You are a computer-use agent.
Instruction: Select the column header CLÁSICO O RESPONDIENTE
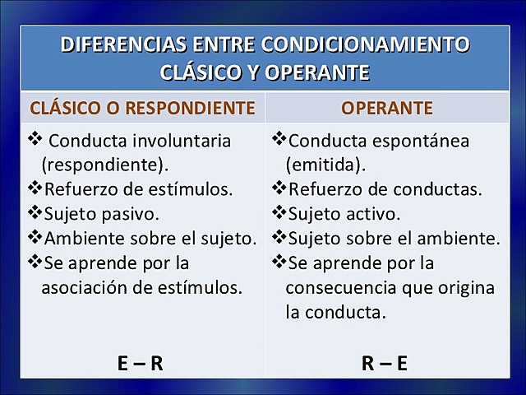(x=142, y=108)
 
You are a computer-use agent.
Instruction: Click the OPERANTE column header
(x=386, y=108)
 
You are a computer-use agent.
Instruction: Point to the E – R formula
(x=140, y=363)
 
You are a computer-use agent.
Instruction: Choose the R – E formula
(x=385, y=363)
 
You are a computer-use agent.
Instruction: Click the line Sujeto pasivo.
(x=101, y=213)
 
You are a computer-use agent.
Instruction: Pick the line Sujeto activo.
(x=343, y=213)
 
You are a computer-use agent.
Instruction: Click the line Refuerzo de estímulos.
(x=138, y=188)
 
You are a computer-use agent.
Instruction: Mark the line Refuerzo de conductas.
(x=384, y=188)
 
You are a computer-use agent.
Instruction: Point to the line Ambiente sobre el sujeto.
(x=150, y=238)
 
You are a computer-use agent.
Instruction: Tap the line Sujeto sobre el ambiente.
(x=393, y=238)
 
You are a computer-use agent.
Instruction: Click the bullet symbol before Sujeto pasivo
(x=35, y=212)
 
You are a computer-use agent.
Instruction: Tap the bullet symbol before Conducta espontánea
(x=279, y=138)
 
